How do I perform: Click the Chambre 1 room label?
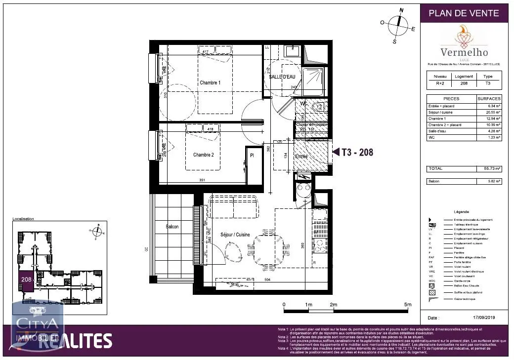pos(210,82)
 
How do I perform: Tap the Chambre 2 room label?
pos(203,155)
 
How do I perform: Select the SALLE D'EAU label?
pos(282,77)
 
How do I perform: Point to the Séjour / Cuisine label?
pos(235,235)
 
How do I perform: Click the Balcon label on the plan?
pos(172,227)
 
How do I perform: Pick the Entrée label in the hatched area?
pos(301,157)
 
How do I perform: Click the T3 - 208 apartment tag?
pos(357,153)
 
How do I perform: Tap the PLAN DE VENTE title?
pos(464,13)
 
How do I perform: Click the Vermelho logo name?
pos(464,52)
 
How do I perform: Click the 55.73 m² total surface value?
pos(492,169)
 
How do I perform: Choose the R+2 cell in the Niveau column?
pos(440,83)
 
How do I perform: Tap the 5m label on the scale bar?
pos(407,305)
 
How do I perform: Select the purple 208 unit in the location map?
pos(26,280)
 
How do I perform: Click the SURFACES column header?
pos(489,98)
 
